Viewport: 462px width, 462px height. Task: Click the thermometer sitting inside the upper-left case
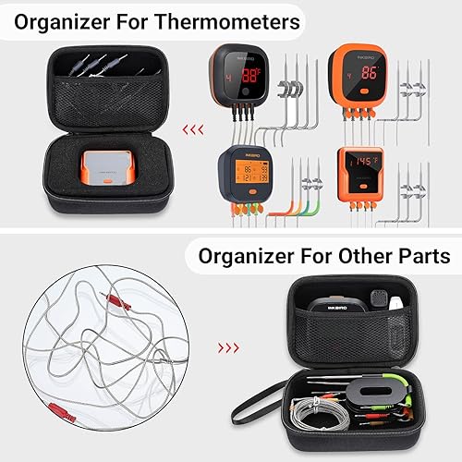click(x=102, y=168)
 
